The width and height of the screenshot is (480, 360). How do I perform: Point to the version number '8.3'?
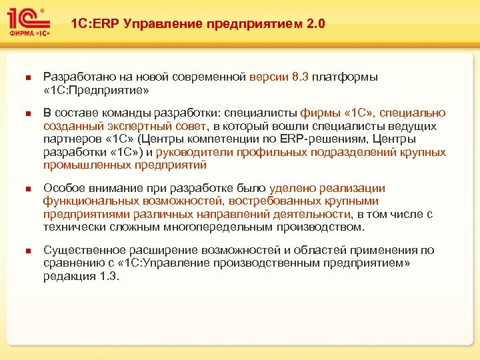[300, 77]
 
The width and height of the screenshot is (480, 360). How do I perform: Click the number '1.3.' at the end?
[109, 277]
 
